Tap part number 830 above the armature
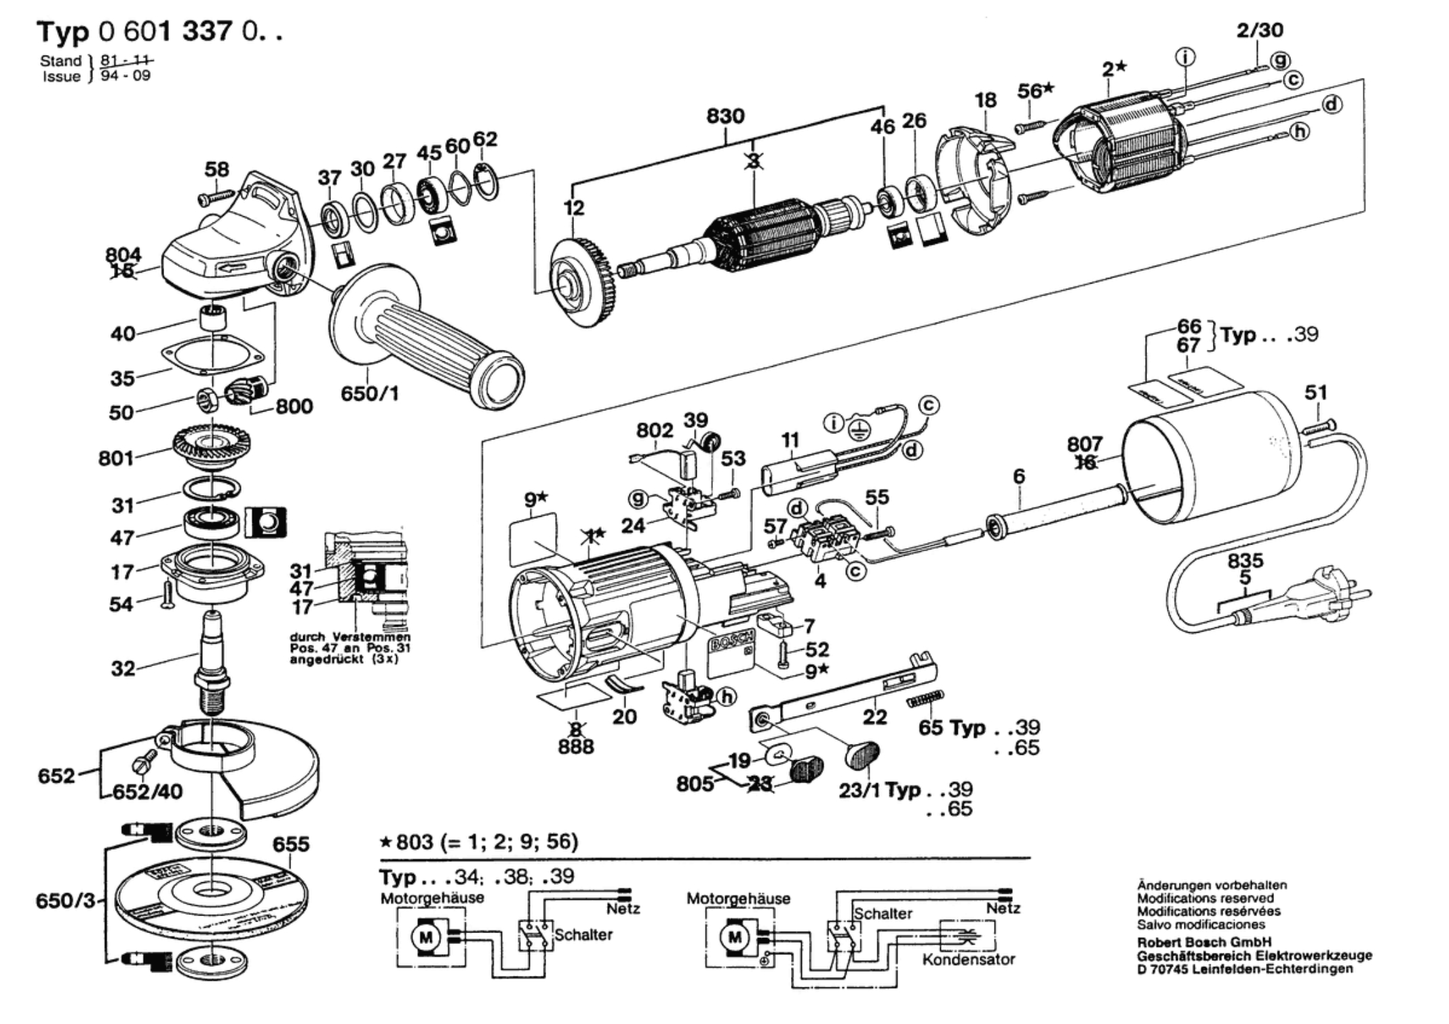[x=725, y=116]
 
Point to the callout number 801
[x=116, y=458]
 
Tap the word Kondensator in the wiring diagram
[x=968, y=960]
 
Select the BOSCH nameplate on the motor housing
[x=731, y=642]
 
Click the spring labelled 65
[x=925, y=698]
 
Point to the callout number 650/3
[x=65, y=901]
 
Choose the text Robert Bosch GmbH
[x=1204, y=942]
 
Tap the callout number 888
[x=575, y=747]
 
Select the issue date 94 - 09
[x=125, y=75]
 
